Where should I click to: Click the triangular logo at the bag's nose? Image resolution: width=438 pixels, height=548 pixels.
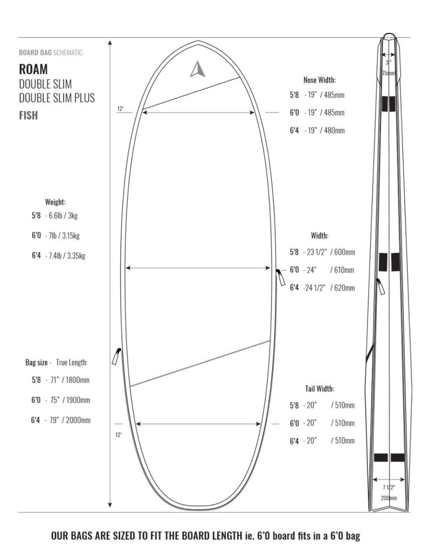pos(197,69)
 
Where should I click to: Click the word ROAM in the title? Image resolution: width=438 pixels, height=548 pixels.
pos(34,68)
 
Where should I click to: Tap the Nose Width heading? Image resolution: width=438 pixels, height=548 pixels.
pos(319,80)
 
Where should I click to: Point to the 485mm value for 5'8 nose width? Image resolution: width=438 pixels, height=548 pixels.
pos(334,95)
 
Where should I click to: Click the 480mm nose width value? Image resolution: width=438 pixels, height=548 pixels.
pos(334,131)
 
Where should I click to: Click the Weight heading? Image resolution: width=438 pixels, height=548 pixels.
pos(55,202)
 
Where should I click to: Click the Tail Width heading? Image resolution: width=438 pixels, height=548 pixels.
pos(319,389)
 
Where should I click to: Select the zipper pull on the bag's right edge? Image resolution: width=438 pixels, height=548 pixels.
pos(280,277)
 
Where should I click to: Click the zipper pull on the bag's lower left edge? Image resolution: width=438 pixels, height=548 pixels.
pos(116,356)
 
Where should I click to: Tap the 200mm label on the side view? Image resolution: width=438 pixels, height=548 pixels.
pos(389,498)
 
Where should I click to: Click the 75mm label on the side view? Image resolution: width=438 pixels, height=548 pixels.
pos(388,73)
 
